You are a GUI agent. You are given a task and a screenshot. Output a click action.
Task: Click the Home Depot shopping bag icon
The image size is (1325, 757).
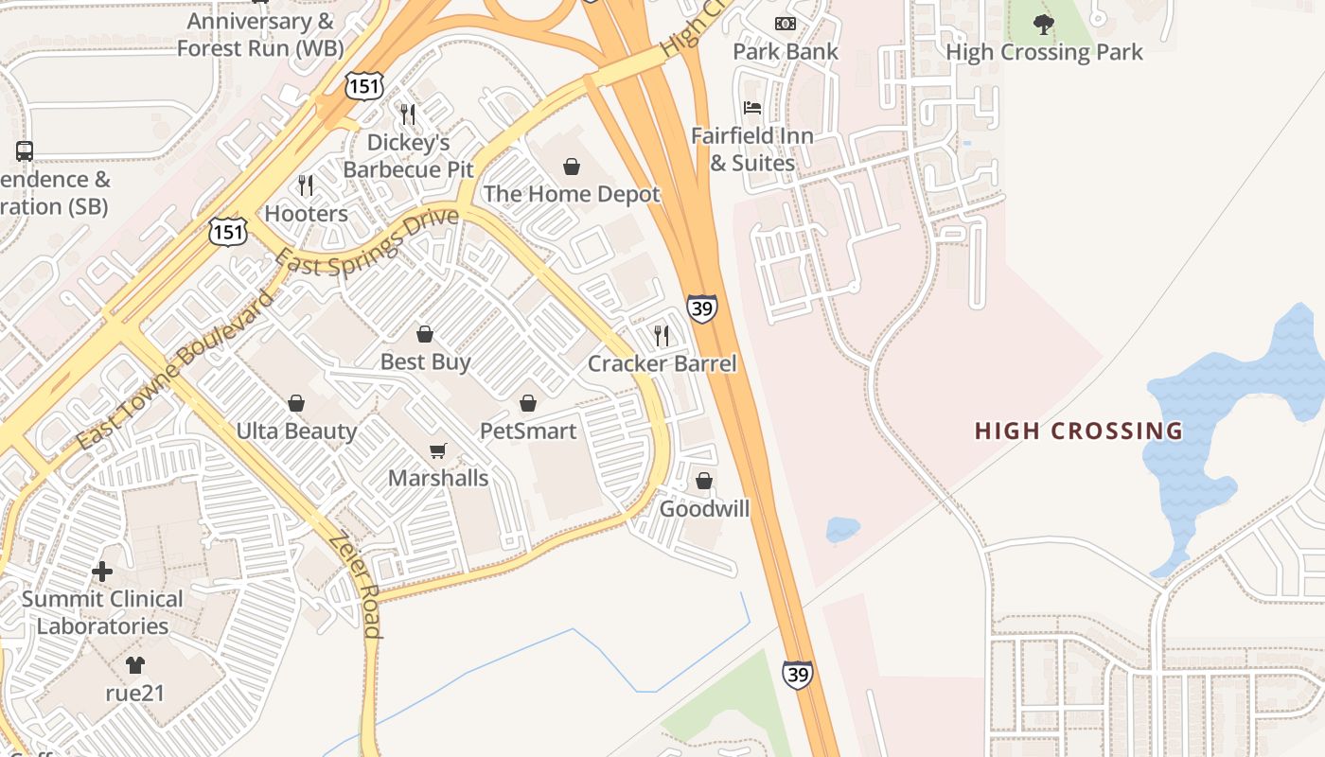(x=572, y=167)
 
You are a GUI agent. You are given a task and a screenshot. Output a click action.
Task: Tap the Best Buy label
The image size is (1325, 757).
(x=425, y=361)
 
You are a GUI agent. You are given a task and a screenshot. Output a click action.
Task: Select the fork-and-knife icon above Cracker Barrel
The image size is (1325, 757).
(x=662, y=335)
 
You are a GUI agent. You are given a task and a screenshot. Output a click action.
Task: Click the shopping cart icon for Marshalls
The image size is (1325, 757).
(x=437, y=450)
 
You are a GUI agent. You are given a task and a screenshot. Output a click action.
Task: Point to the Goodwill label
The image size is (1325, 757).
(x=704, y=509)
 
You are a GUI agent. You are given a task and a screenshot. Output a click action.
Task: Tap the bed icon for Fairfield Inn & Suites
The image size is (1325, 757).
(x=752, y=108)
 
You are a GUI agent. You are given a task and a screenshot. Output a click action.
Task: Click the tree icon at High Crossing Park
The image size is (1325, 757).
(x=1044, y=25)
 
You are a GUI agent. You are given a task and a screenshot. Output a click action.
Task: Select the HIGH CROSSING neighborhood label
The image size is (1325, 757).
(x=1079, y=431)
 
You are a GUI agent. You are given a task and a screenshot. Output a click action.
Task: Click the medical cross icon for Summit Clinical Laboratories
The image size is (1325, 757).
(x=102, y=572)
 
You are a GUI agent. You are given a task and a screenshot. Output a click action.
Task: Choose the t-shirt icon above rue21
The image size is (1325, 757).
(x=135, y=665)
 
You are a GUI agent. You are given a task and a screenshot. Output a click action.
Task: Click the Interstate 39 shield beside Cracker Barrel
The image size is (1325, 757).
(x=702, y=308)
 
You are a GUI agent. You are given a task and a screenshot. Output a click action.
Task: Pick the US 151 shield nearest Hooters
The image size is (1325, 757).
(x=228, y=231)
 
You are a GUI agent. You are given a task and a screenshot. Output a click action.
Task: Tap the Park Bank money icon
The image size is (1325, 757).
(x=786, y=24)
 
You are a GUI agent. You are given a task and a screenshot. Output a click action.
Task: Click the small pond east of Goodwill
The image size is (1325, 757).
(x=841, y=530)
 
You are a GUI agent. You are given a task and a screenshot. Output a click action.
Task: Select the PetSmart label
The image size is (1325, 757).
(x=528, y=431)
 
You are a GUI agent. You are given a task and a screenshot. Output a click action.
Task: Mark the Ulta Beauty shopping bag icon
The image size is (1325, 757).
(x=296, y=404)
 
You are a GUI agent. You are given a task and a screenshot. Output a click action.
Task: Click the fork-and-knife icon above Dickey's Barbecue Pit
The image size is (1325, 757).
(x=408, y=114)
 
